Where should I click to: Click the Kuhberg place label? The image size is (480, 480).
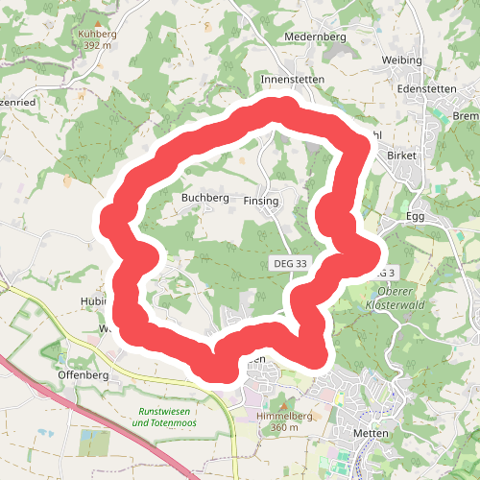pos(97,34)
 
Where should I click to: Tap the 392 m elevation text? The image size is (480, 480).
pos(97,45)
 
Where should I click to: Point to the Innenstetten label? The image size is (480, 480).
pos(293,79)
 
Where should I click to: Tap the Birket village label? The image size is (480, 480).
pos(403,155)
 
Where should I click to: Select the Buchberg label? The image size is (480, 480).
pos(204,199)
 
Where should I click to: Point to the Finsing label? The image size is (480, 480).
pos(261,202)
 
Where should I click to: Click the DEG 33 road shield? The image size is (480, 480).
pos(289,263)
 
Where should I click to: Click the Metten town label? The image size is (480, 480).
pos(370,433)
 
